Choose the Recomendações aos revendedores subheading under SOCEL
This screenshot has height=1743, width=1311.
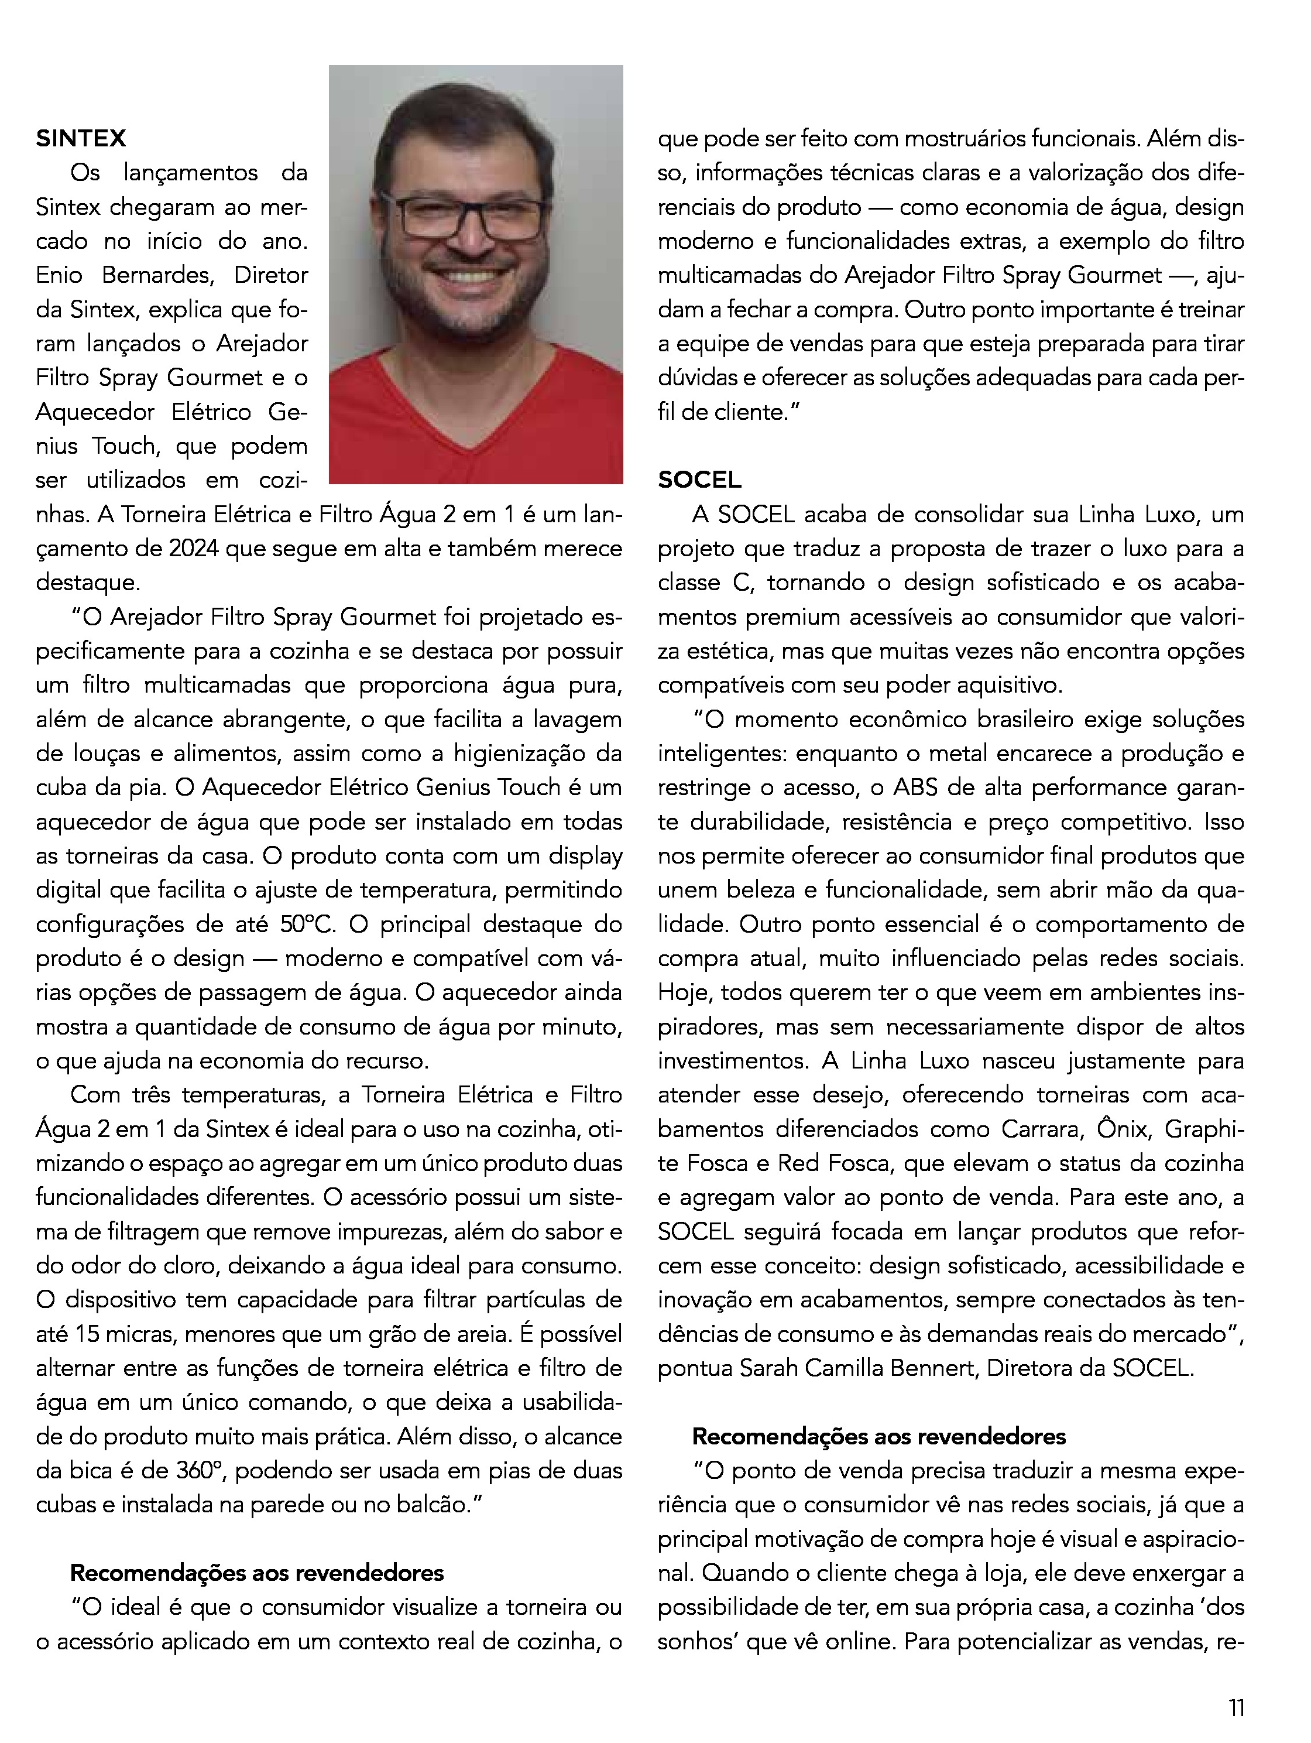pyautogui.click(x=878, y=1436)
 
